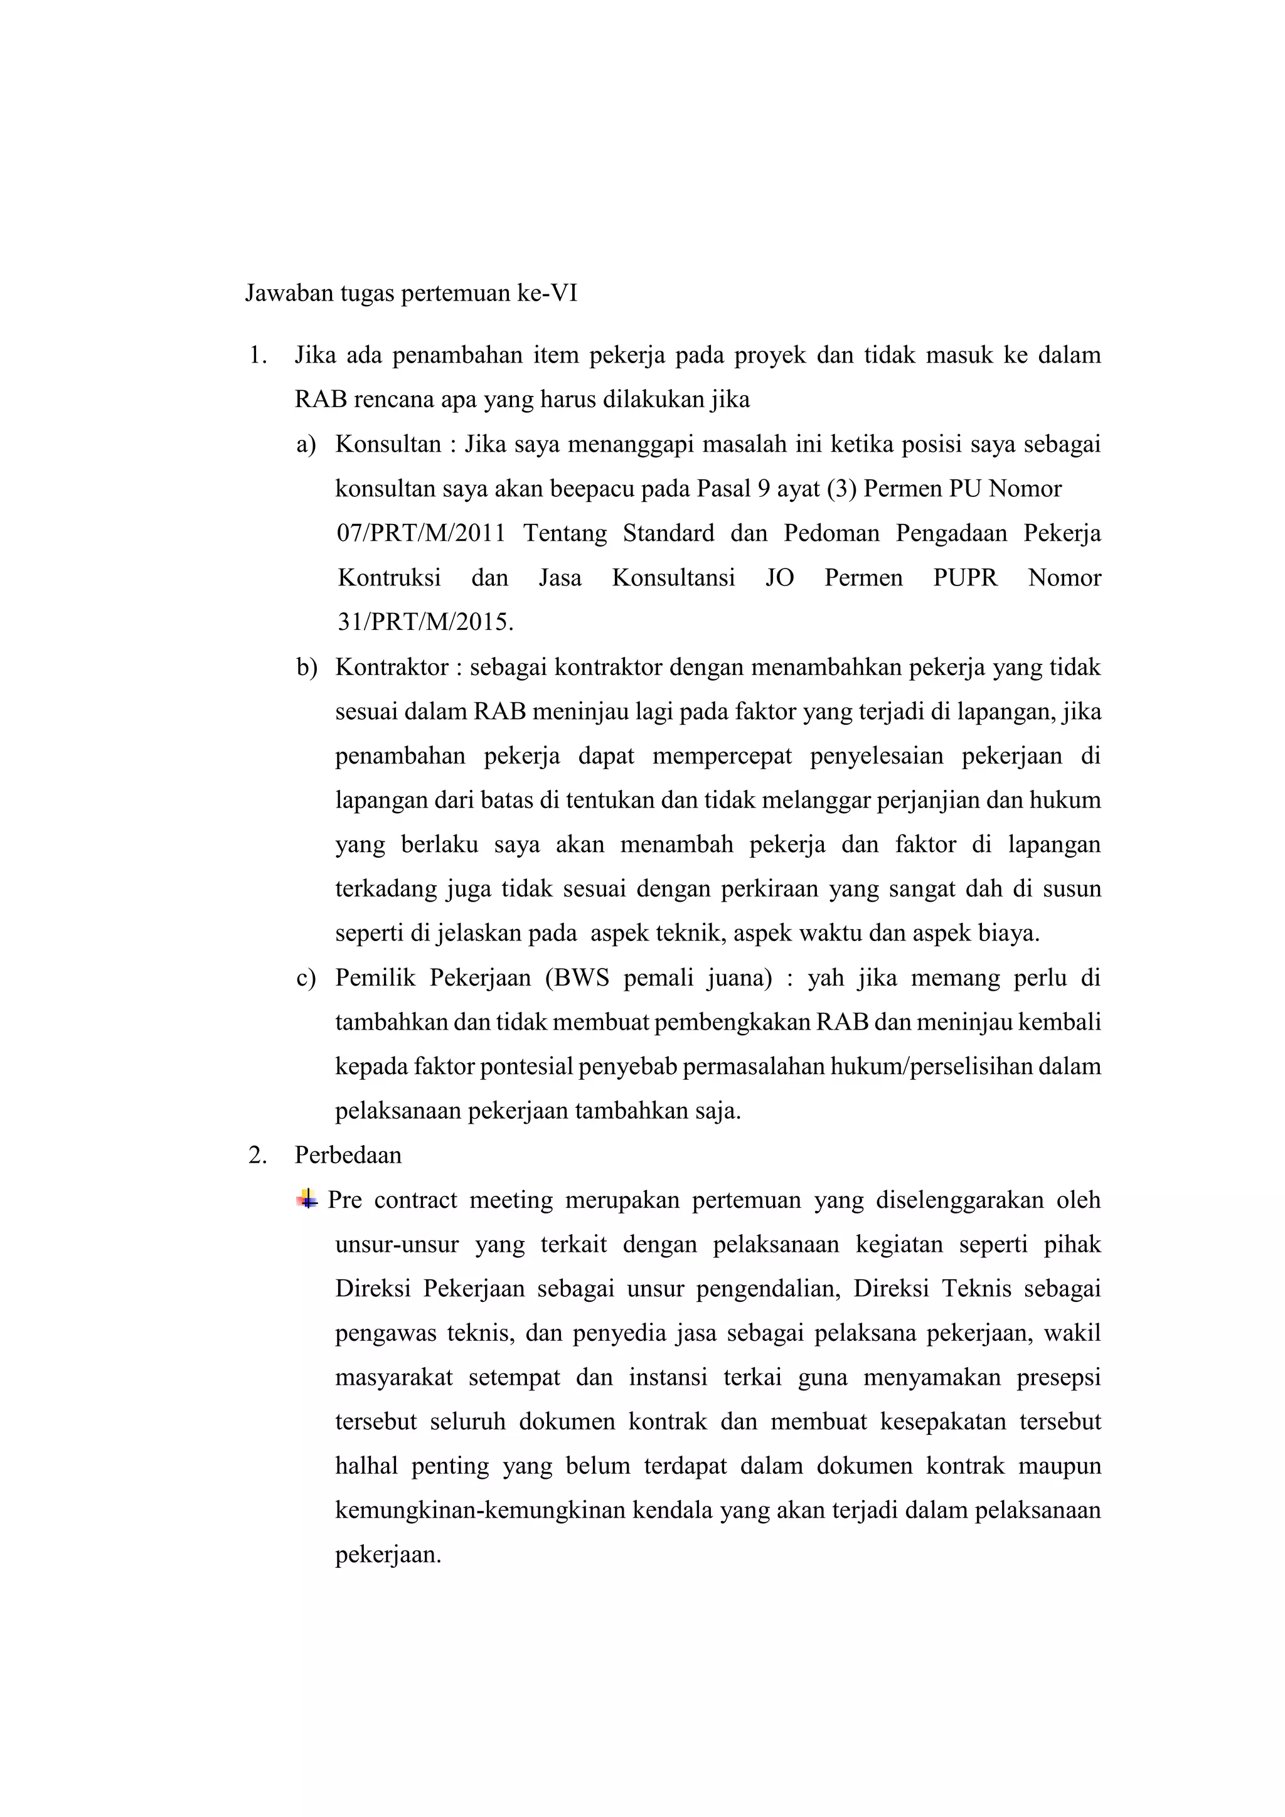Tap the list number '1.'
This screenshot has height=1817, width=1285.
coord(257,355)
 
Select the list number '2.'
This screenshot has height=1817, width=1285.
coord(257,1156)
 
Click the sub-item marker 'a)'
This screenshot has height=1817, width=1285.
coord(306,444)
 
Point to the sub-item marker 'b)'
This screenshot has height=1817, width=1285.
coord(306,667)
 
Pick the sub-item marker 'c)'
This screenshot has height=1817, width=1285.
coord(306,978)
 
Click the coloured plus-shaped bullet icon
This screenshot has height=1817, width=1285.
coord(307,1199)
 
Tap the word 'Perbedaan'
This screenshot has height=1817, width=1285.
coord(348,1156)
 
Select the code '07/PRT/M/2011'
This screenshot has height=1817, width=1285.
coord(421,533)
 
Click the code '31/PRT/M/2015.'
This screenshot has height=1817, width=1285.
coord(425,622)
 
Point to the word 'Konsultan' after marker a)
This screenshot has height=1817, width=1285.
coord(388,444)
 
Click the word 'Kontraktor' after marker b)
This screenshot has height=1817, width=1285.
coord(392,667)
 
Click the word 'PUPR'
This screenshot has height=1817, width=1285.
coord(966,578)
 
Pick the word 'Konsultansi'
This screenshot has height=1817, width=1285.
coord(673,578)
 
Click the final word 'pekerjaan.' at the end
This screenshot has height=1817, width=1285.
coord(388,1554)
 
